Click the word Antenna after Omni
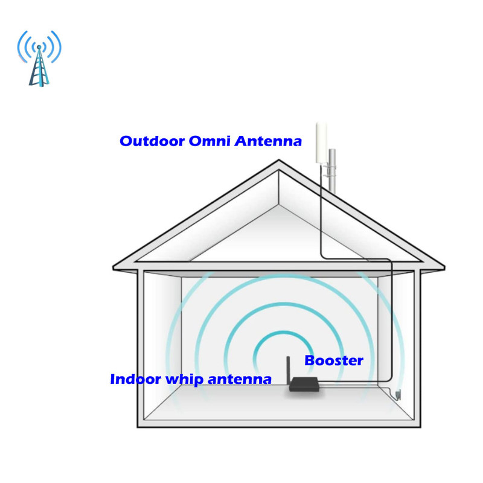268,141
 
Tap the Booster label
333,361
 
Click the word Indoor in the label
134,380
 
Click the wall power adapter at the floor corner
398,395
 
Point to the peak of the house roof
279,161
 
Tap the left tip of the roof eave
115,266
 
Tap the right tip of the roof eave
443,266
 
